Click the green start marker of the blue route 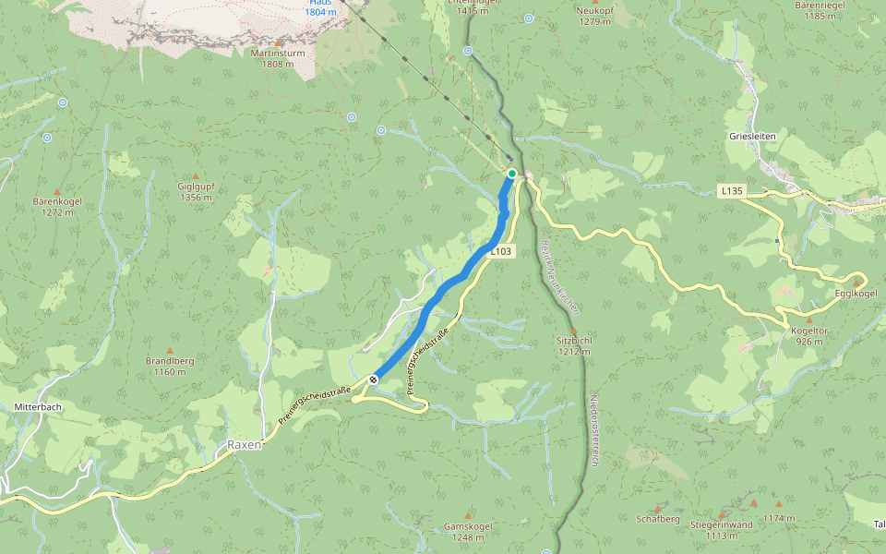pos(512,173)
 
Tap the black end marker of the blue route pos(375,379)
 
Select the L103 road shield pos(500,251)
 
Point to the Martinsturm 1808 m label pos(278,58)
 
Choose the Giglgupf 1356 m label pos(196,191)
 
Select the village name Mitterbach pos(38,406)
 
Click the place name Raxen pos(245,444)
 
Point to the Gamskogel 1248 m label pos(468,531)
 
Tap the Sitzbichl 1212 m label pos(574,345)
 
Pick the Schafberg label pos(658,519)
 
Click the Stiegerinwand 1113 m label pos(722,529)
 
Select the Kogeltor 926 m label pos(809,335)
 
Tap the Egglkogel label pos(856,293)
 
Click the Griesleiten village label pos(752,136)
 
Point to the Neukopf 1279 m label pos(594,15)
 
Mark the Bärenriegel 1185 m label pos(820,10)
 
